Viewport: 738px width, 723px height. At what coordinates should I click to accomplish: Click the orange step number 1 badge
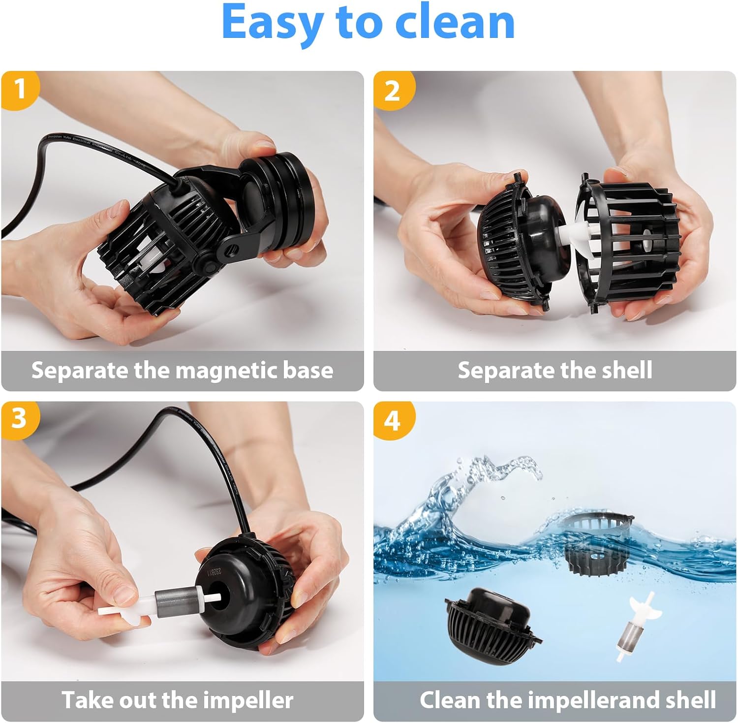click(x=20, y=90)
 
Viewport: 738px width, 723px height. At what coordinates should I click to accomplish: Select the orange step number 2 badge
click(x=392, y=91)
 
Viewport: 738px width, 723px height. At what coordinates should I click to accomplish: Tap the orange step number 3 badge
click(x=19, y=419)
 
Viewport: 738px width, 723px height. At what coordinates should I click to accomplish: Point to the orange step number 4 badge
click(x=392, y=421)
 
